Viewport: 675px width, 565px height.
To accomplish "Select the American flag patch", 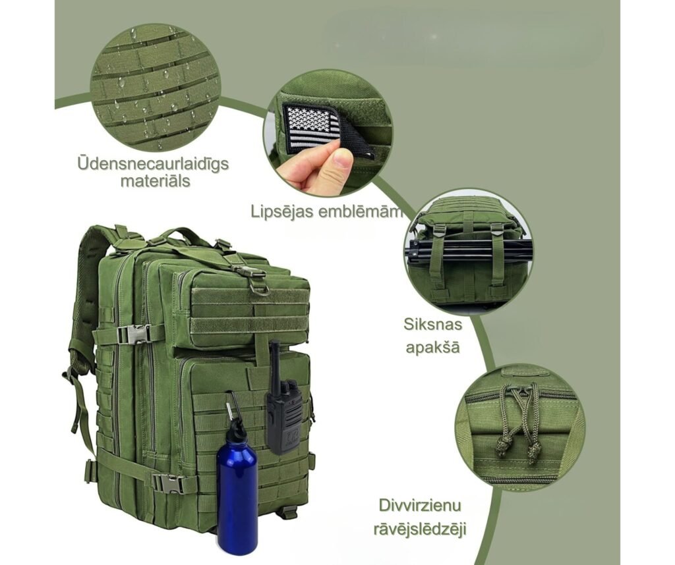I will [316, 128].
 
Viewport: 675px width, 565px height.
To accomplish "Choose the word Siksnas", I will [432, 325].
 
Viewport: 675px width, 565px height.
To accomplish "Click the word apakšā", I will [432, 346].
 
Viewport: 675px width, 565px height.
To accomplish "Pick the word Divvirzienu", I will [420, 506].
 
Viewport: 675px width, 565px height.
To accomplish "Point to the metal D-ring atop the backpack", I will [260, 288].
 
